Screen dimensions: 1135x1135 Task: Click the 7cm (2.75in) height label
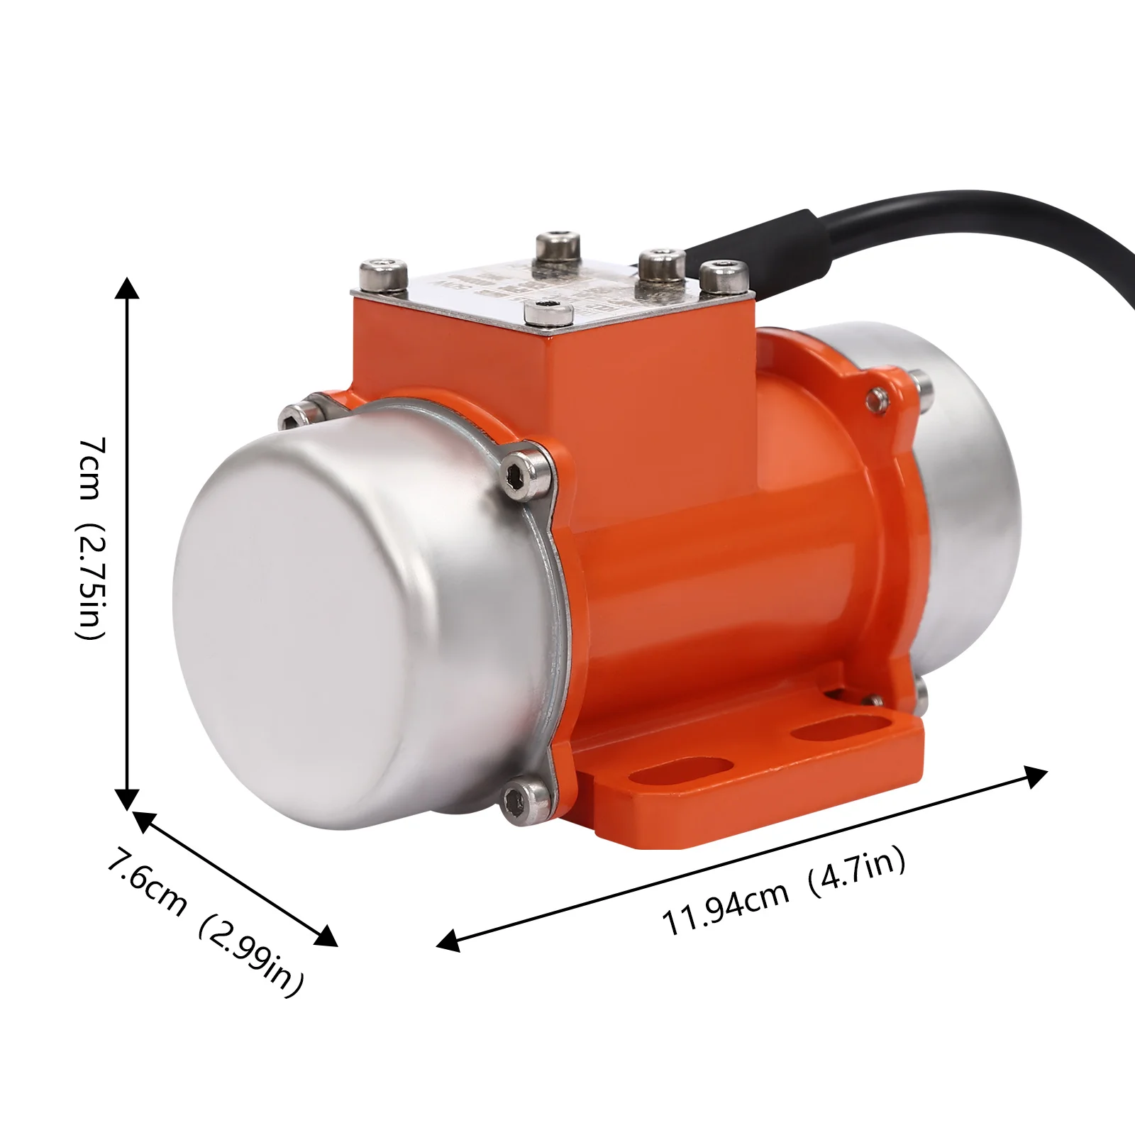click(x=92, y=539)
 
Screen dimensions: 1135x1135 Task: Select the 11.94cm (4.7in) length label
click(x=784, y=892)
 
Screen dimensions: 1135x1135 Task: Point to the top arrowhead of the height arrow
click(x=127, y=287)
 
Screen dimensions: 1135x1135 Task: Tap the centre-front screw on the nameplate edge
click(x=547, y=312)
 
